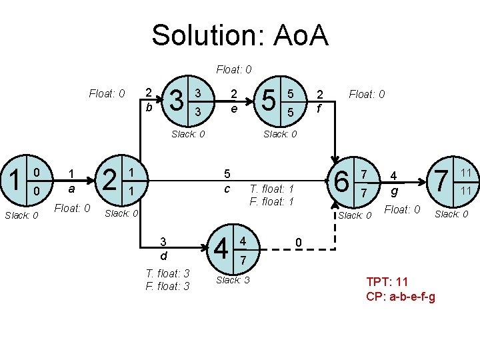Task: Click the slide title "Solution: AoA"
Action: click(240, 35)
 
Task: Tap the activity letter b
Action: click(149, 107)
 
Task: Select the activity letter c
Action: click(227, 189)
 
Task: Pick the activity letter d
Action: click(162, 255)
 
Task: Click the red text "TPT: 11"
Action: click(387, 282)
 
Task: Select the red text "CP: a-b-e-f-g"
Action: click(401, 296)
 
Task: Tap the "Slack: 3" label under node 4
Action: click(233, 280)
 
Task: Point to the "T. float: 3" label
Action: click(167, 273)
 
